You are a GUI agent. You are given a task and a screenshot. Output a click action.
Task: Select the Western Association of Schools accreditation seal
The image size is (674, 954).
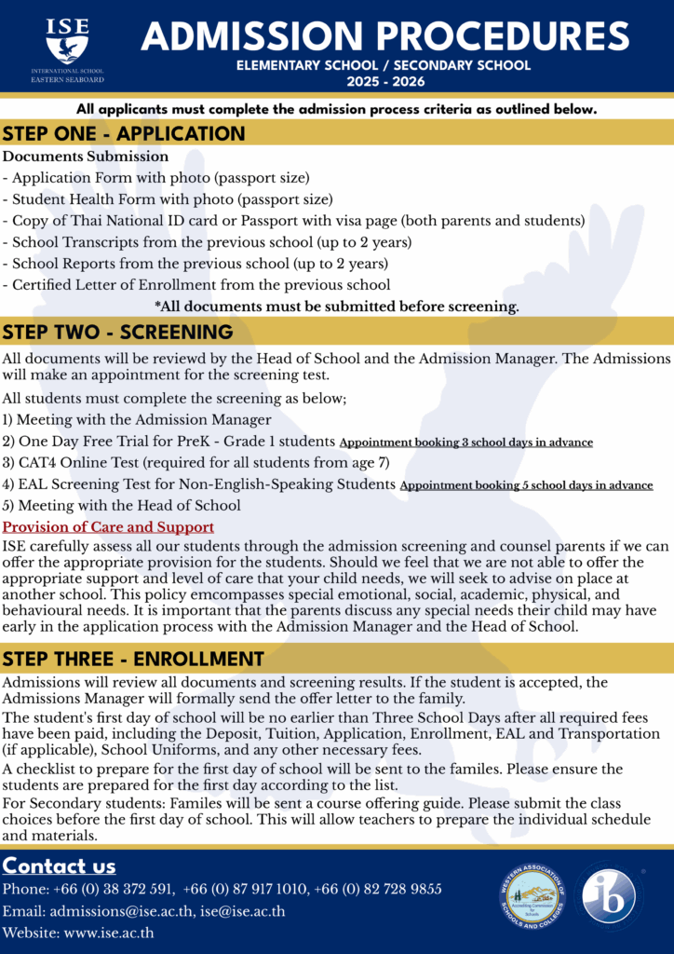tap(528, 896)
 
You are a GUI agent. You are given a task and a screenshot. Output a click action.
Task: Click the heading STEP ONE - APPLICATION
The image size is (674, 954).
tap(125, 133)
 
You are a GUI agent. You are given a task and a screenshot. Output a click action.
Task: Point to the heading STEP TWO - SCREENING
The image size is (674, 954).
tap(118, 332)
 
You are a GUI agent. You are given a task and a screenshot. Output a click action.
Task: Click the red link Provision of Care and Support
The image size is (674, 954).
tap(108, 527)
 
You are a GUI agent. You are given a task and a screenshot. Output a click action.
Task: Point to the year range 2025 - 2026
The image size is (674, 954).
tap(384, 82)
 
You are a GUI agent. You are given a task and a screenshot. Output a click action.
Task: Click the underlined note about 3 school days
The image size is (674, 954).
tap(465, 442)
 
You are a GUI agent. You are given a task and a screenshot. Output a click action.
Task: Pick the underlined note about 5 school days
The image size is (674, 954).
tap(525, 485)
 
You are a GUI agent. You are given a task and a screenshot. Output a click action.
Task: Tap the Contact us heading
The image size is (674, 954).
tap(60, 866)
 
